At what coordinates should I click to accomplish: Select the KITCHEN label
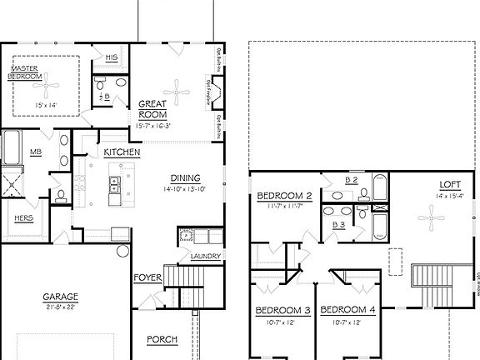point(122,153)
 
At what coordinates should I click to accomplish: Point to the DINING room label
point(185,177)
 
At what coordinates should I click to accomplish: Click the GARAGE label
point(61,297)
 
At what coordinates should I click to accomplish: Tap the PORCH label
point(161,339)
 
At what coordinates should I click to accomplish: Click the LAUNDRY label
point(205,256)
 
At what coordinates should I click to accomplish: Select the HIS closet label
point(112,57)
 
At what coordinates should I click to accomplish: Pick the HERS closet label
point(22,220)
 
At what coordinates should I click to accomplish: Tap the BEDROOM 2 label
point(284,196)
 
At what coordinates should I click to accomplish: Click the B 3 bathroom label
point(339,224)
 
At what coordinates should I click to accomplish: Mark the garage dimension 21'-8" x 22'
point(61,307)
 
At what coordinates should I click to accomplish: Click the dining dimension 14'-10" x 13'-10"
point(185,188)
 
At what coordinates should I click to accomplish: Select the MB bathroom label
point(36,152)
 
